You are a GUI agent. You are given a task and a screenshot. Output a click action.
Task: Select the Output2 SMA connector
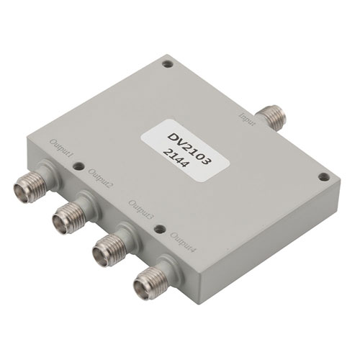point(71,213)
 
